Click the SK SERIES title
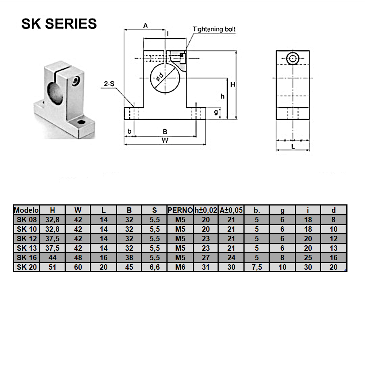click(59, 24)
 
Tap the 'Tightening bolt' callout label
click(214, 29)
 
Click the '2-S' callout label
click(109, 84)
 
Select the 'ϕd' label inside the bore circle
click(159, 77)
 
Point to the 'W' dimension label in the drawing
click(165, 141)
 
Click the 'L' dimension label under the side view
click(293, 146)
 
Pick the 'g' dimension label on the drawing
click(216, 112)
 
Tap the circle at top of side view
click(293, 58)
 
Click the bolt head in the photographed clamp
click(76, 81)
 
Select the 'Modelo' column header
click(26, 210)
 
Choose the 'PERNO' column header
click(180, 210)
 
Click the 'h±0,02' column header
click(205, 210)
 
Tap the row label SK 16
click(26, 257)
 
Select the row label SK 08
click(26, 219)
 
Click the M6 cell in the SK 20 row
click(180, 267)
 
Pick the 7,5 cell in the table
click(257, 267)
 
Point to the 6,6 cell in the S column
click(154, 267)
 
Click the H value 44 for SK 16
click(52, 257)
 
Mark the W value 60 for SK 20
click(78, 267)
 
